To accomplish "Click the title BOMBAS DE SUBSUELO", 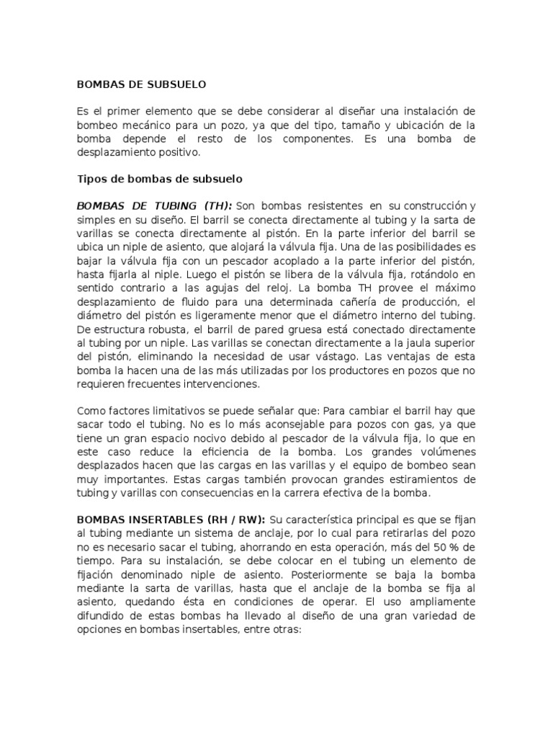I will click(x=141, y=84).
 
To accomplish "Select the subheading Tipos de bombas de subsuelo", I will click(x=160, y=178).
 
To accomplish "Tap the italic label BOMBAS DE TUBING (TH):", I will click(x=154, y=205).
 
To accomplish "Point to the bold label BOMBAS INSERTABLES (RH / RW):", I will click(x=171, y=519).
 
